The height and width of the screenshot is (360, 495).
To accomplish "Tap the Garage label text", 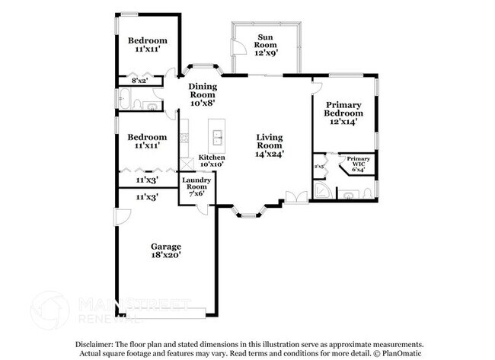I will pyautogui.click(x=165, y=247).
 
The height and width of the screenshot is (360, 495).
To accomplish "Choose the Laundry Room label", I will pyautogui.click(x=196, y=183).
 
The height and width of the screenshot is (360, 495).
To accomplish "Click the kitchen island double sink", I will pyautogui.click(x=218, y=137).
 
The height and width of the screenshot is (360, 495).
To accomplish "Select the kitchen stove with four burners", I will pyautogui.click(x=184, y=139).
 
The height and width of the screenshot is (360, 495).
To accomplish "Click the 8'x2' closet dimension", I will pyautogui.click(x=139, y=80).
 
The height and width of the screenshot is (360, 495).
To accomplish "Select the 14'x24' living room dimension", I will pyautogui.click(x=269, y=154).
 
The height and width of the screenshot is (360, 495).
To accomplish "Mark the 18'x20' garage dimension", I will pyautogui.click(x=165, y=257).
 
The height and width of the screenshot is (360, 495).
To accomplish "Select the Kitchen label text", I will pyautogui.click(x=211, y=157).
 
